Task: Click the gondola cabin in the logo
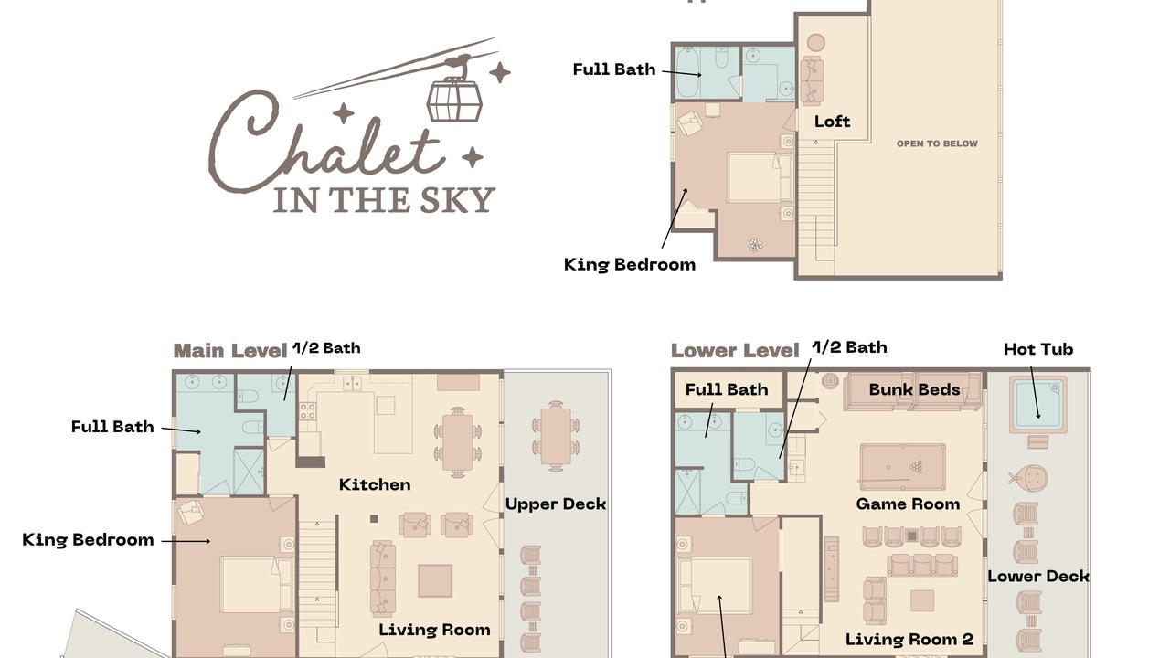point(454,100)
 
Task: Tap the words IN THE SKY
point(384,200)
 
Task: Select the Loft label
point(832,122)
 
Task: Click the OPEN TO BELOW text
point(937,143)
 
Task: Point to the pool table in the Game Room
point(902,466)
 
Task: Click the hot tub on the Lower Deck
point(1037,404)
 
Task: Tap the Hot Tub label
point(1038,349)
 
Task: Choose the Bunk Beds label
point(914,389)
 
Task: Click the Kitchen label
point(375,484)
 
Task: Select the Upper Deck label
point(556,504)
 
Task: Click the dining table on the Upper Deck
point(556,436)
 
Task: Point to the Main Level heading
point(230,351)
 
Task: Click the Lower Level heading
point(735,351)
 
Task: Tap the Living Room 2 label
point(909,639)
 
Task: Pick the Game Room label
point(908,504)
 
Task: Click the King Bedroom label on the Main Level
point(88,540)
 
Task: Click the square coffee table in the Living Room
point(434,580)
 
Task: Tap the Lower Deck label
point(1037,577)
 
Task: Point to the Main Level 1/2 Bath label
point(326,348)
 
